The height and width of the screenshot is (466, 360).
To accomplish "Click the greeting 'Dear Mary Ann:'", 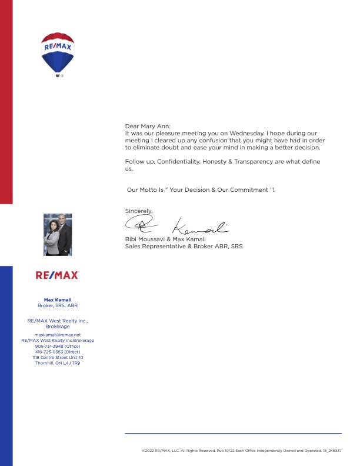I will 147,126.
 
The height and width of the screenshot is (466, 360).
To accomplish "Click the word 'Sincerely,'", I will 139,211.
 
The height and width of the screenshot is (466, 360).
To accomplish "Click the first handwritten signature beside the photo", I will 142,224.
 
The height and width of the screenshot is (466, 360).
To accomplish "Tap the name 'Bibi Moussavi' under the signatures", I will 144,239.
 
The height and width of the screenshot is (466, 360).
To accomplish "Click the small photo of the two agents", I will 58,234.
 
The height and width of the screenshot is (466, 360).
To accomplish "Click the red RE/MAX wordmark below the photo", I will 57,275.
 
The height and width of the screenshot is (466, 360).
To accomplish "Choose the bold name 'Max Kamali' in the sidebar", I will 57,300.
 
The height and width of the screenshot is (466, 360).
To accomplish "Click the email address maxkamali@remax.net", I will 58,334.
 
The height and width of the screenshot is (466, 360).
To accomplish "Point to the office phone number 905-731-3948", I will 58,346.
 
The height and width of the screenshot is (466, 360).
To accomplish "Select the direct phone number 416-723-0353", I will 58,352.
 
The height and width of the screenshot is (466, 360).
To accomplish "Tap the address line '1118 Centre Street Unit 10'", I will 58,357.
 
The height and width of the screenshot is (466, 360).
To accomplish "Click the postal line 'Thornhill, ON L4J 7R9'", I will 58,363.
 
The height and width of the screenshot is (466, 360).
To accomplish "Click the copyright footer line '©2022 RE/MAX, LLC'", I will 242,451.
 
